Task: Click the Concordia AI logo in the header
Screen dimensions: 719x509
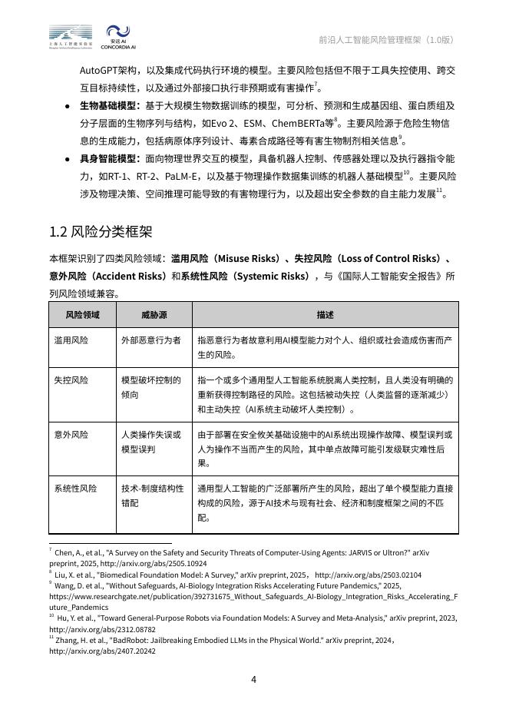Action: click(117, 38)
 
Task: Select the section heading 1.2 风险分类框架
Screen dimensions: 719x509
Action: click(101, 231)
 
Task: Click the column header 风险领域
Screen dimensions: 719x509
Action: click(82, 314)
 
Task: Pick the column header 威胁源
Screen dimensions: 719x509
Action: click(154, 314)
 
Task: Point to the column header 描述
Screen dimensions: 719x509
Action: click(325, 314)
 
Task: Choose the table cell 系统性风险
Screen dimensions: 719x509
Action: click(75, 488)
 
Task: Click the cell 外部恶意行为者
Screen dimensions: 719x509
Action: click(151, 340)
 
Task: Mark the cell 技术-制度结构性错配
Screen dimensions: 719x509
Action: click(152, 495)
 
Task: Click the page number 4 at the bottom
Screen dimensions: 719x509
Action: click(253, 678)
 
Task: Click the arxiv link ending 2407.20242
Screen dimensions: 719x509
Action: click(102, 651)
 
